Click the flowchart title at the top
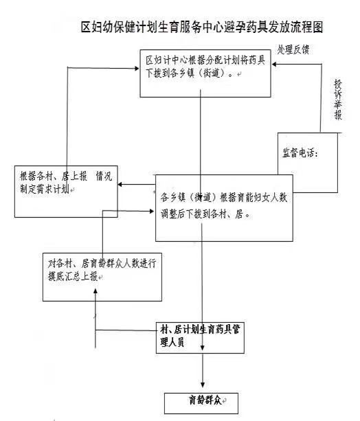point(202,27)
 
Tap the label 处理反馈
point(293,50)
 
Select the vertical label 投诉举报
point(338,100)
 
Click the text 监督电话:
point(300,153)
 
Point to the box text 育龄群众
point(205,400)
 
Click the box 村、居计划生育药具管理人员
point(200,338)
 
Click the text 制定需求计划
point(45,190)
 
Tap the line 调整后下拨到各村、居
point(205,214)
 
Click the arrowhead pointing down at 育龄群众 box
point(203,385)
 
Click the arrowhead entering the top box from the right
point(274,64)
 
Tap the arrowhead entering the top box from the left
point(137,69)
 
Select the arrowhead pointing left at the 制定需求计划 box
point(121,185)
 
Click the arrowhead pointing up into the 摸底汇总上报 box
point(95,292)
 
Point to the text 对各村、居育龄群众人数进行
point(102,264)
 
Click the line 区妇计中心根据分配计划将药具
point(205,60)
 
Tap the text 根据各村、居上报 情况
point(66,177)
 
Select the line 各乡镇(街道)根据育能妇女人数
point(224,198)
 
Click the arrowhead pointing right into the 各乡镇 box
point(151,212)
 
